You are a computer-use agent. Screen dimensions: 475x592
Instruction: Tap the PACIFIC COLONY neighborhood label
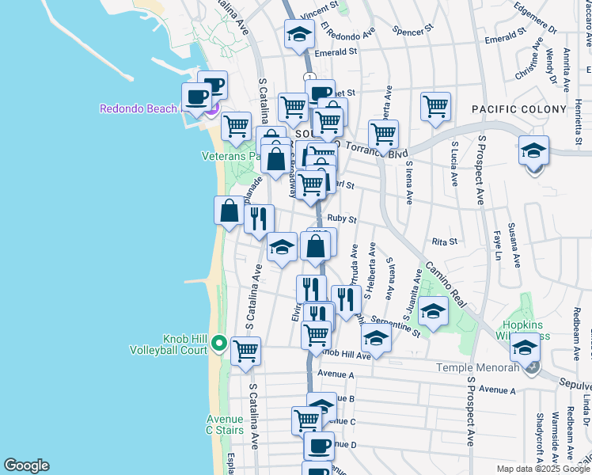pos(519,109)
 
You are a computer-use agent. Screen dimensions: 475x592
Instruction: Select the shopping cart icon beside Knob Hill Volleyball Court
pos(245,350)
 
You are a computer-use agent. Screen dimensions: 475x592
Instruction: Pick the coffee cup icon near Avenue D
pos(318,446)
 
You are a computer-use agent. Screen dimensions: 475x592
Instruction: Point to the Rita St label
pos(445,241)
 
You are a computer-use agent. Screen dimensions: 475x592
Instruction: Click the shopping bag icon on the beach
pos(229,211)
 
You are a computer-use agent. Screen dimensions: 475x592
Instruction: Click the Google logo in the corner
pos(26,465)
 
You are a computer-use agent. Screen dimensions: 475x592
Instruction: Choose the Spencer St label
pos(414,30)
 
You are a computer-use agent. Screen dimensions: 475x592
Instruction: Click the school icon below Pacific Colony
pos(533,150)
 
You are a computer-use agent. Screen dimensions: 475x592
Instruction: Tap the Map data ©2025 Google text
pos(543,469)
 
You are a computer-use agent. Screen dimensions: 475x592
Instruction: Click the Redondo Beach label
pos(139,108)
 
